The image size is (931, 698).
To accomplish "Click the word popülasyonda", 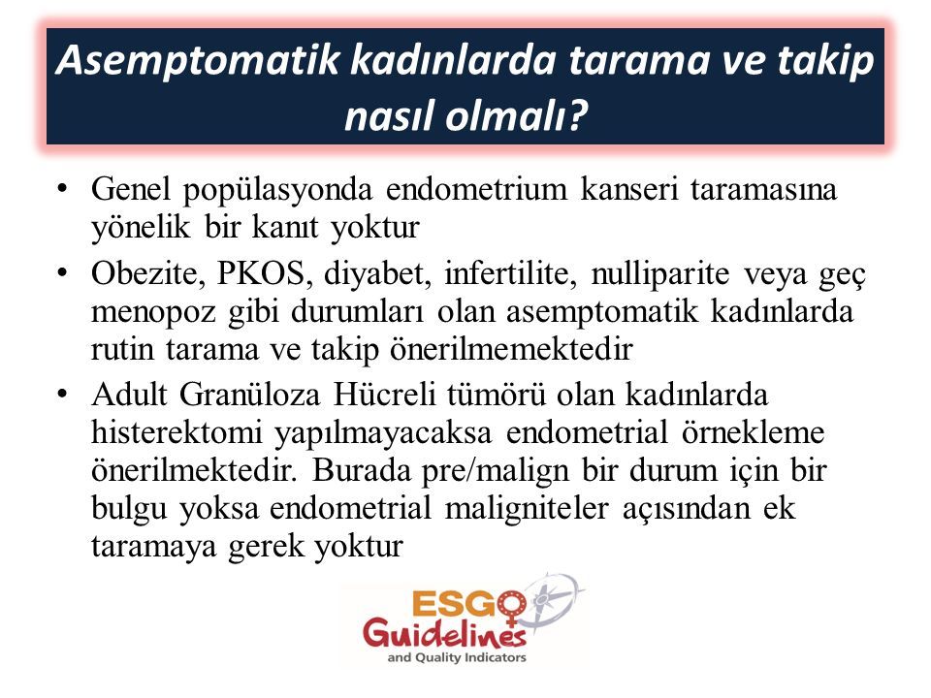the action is (x=277, y=191).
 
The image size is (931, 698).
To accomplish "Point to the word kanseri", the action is (x=628, y=189).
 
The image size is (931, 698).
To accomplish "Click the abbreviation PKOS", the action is (x=261, y=273).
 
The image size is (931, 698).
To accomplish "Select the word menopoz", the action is (x=153, y=313).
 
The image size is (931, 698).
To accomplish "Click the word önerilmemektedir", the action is (x=511, y=349).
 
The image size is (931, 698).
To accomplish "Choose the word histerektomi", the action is (x=177, y=432).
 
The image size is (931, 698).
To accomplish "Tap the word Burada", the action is (x=360, y=471).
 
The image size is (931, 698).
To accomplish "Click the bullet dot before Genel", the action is (x=62, y=190).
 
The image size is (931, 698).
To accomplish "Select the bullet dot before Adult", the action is (x=62, y=395).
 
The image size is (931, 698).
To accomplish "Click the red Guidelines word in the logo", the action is (x=445, y=633).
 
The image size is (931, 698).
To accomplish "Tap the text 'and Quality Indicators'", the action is (x=457, y=657).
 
